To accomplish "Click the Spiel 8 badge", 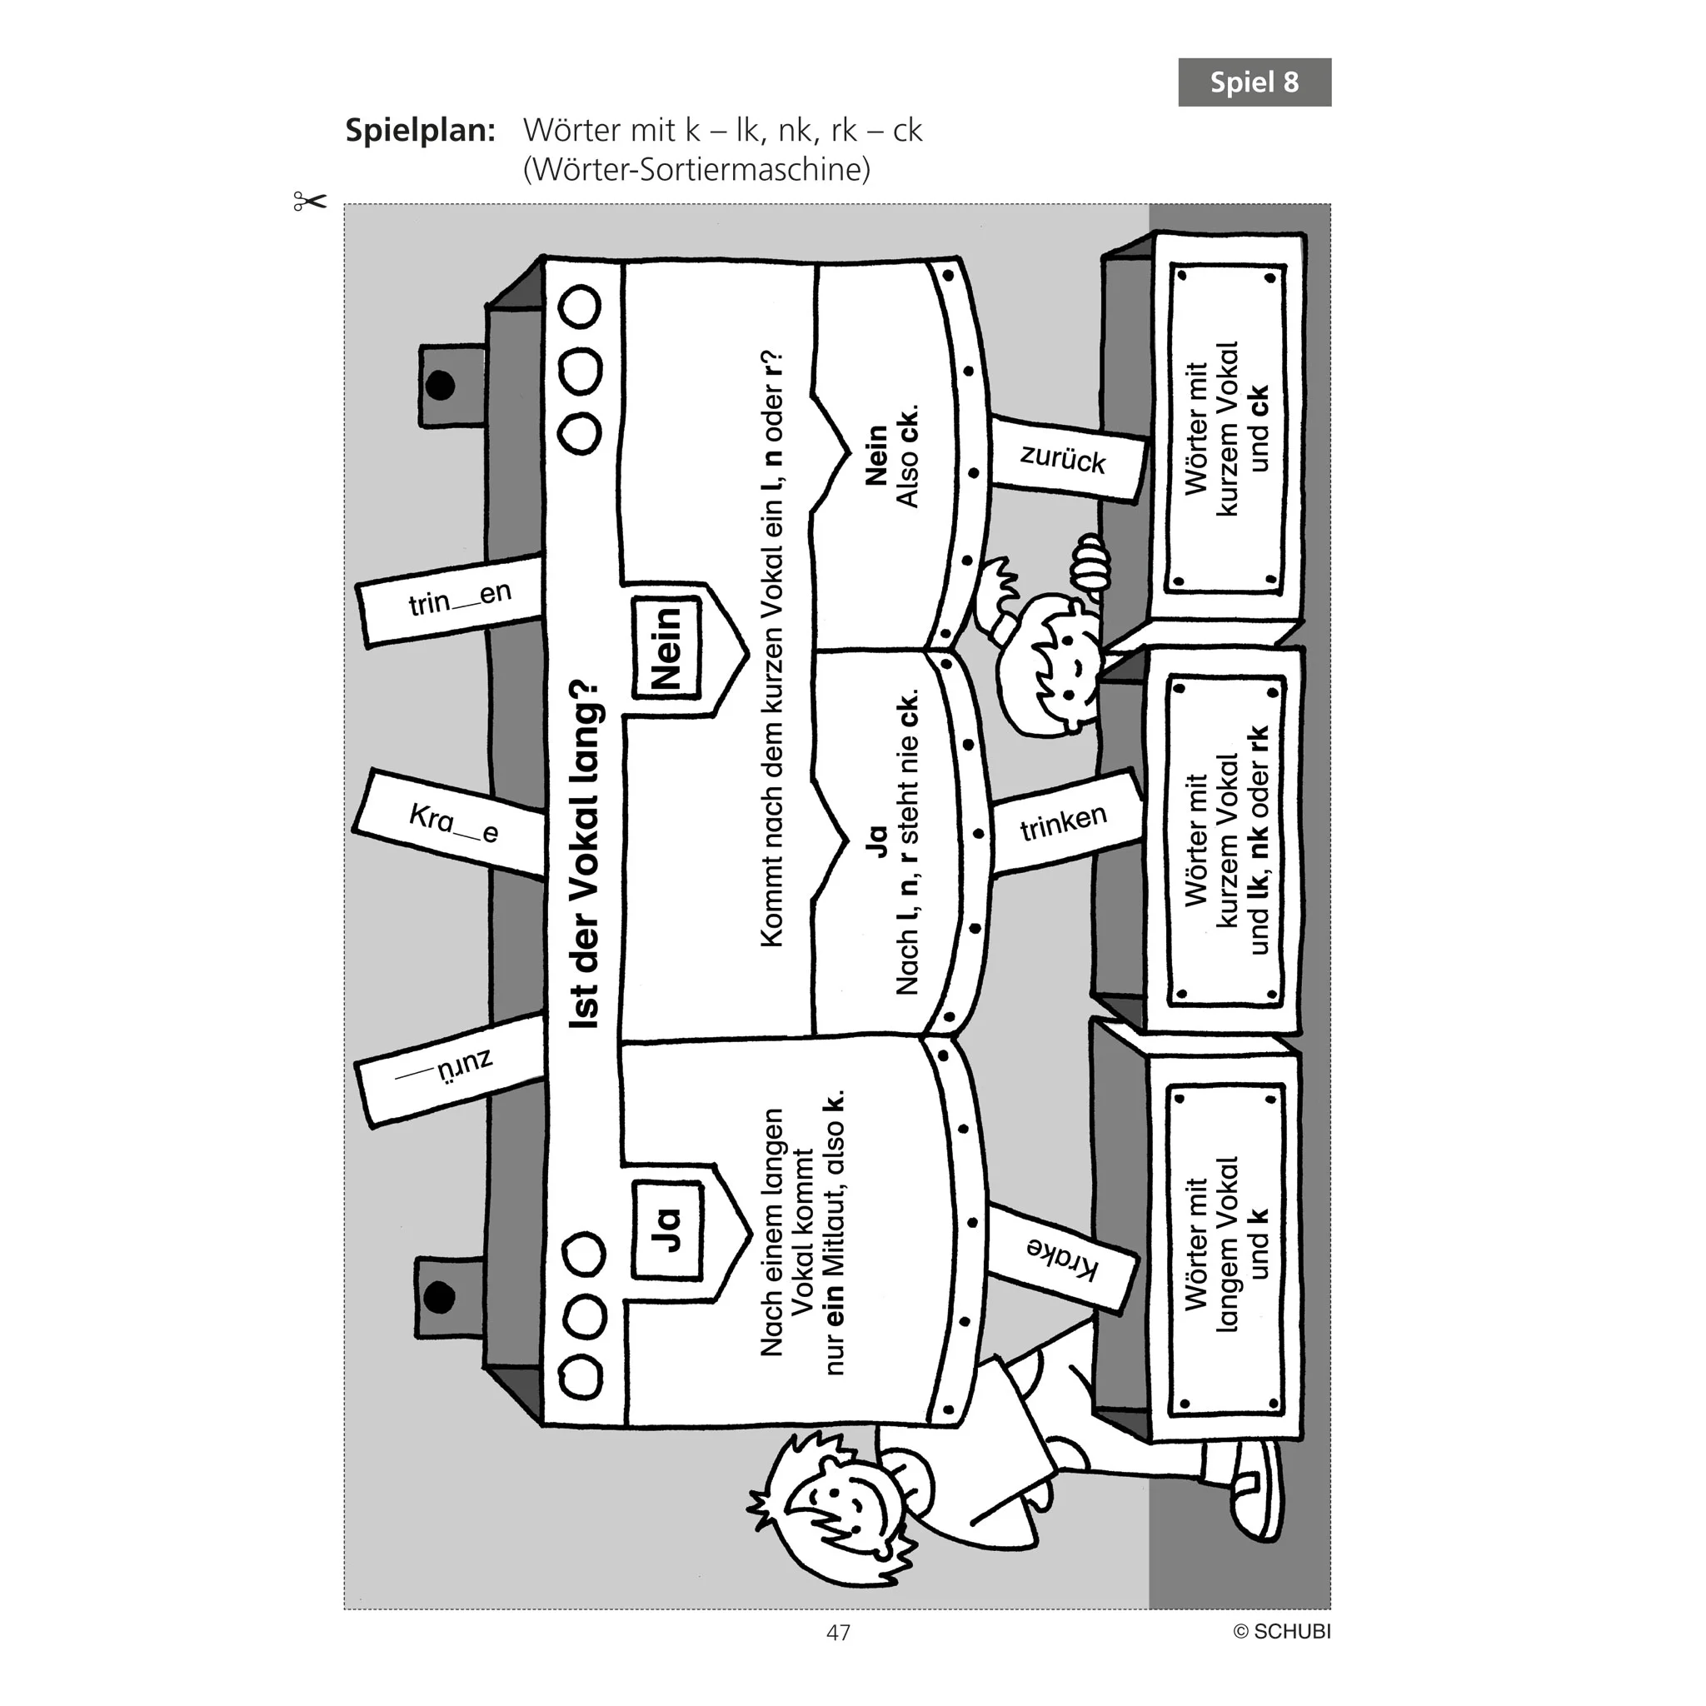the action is pyautogui.click(x=1254, y=82).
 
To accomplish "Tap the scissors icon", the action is pyautogui.click(x=309, y=202).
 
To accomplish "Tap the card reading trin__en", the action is pyautogui.click(x=451, y=601).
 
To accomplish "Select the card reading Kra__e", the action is pyautogui.click(x=451, y=824).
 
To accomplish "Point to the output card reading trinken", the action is pyautogui.click(x=1064, y=822).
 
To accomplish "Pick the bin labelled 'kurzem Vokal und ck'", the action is pyautogui.click(x=1225, y=427).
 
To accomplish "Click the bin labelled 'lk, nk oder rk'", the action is pyautogui.click(x=1225, y=839).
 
